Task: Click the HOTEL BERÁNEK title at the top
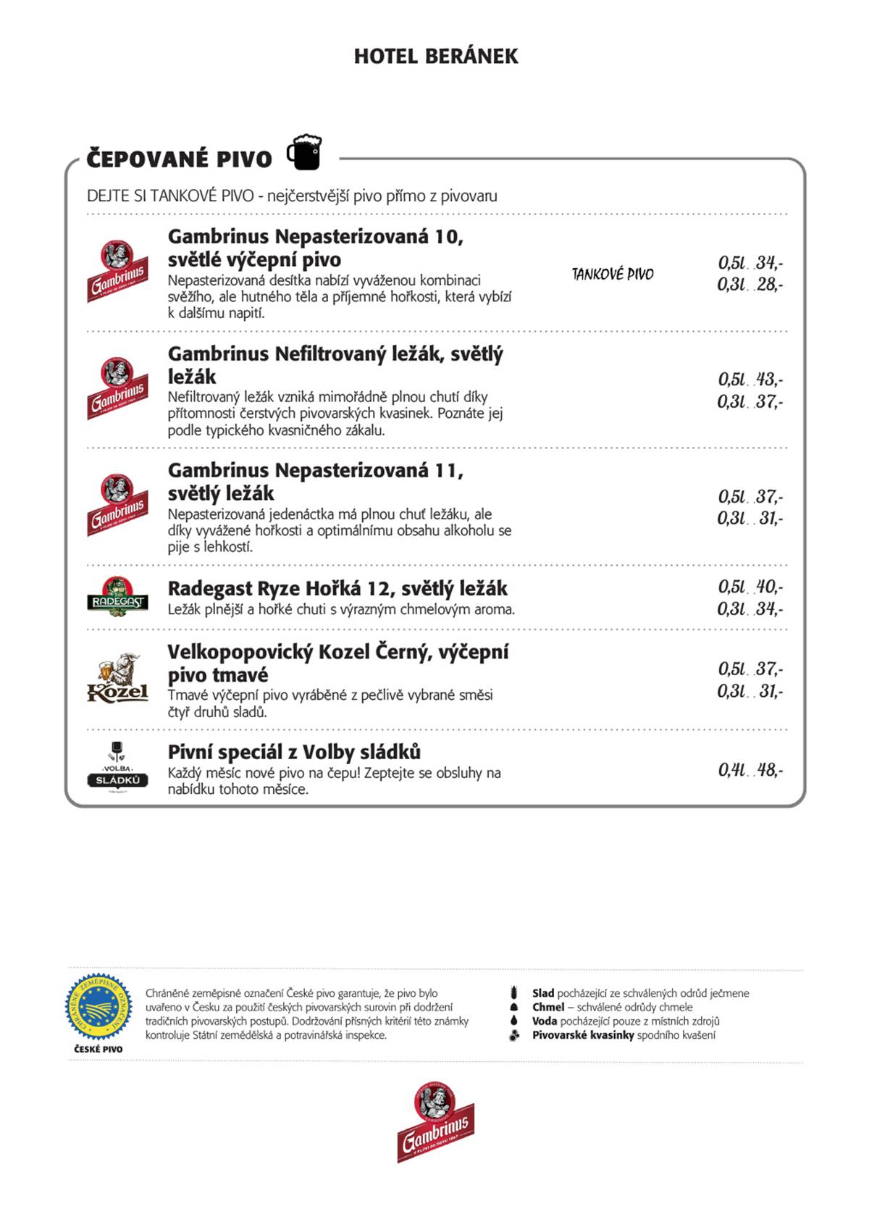(x=436, y=57)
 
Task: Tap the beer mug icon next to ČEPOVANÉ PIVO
(x=304, y=152)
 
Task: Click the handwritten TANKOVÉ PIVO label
(x=613, y=275)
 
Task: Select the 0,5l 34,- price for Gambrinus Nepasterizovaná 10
(x=750, y=262)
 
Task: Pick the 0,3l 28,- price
(x=750, y=285)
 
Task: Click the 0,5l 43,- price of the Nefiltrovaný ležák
(x=750, y=379)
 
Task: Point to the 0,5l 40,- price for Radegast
(x=750, y=586)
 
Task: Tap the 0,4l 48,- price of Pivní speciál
(x=750, y=770)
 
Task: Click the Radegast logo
(x=117, y=597)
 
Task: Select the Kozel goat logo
(x=117, y=678)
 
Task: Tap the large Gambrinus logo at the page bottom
(x=435, y=1121)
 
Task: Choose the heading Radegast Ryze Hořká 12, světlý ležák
(x=337, y=588)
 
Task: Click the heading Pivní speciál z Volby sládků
(x=294, y=752)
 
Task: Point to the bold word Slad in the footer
(x=542, y=993)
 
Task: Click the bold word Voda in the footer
(x=544, y=1021)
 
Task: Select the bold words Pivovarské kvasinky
(x=583, y=1035)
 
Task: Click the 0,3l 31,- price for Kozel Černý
(x=750, y=691)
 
